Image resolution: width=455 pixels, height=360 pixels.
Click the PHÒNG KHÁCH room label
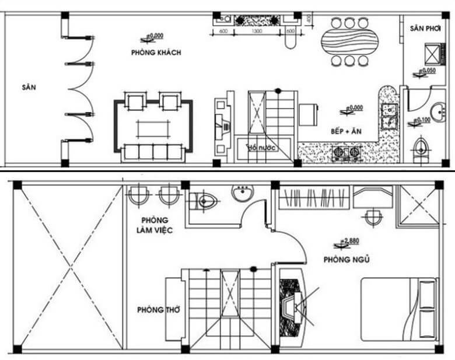[156, 53]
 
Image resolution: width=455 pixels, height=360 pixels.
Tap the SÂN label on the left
[29, 88]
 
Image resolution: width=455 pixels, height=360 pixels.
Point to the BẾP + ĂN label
[346, 132]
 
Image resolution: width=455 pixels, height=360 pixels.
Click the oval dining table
[349, 41]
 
